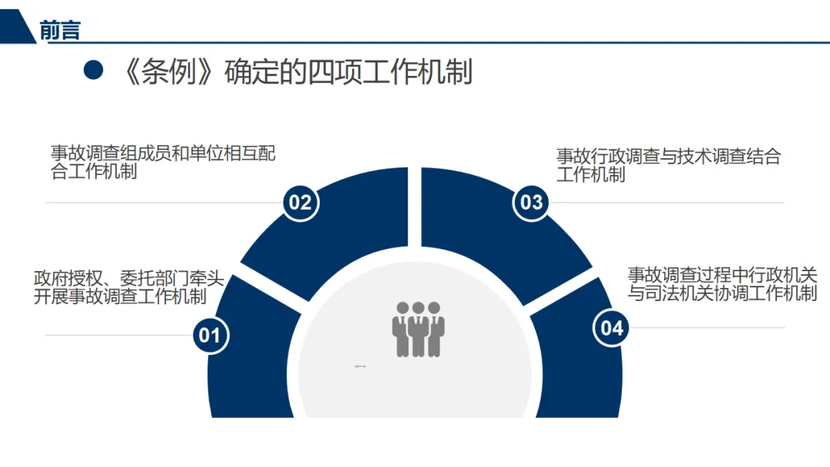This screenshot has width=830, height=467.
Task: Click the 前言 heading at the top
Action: point(60,30)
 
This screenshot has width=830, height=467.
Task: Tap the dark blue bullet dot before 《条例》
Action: point(93,71)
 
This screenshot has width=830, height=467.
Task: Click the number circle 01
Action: point(210,335)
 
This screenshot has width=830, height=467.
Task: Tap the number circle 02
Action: point(300,202)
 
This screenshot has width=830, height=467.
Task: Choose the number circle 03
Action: point(532,202)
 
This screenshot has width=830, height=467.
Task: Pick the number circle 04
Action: point(612,328)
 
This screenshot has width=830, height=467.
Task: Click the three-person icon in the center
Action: point(418,329)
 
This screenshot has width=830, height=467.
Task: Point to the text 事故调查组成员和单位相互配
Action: point(163,154)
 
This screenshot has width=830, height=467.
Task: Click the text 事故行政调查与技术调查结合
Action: point(669,157)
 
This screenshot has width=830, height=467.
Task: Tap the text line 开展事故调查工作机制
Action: point(120,296)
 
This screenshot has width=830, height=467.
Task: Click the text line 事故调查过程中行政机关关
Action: point(722,274)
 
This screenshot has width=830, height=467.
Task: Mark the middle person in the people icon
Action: point(418,330)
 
